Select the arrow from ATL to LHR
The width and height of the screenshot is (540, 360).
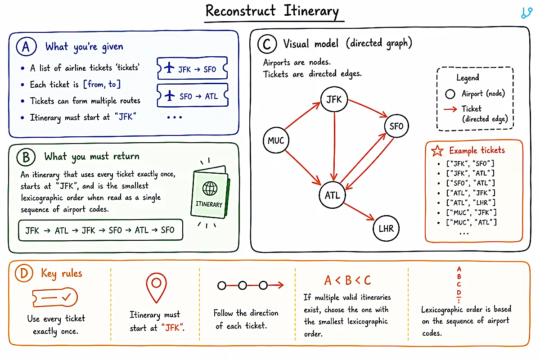(x=359, y=211)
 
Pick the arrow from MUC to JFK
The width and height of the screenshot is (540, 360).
(x=302, y=116)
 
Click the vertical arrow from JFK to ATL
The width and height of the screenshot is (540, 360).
(x=334, y=146)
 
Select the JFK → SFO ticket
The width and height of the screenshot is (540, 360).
(x=192, y=68)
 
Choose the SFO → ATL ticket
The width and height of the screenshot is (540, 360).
(x=193, y=95)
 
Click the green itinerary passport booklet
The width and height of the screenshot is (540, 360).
(x=210, y=192)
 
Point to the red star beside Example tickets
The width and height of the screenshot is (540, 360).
(x=437, y=151)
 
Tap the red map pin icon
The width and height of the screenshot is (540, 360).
(x=156, y=288)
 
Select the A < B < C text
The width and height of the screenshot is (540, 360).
(x=347, y=280)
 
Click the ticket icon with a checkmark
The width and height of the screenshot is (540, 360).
(x=55, y=297)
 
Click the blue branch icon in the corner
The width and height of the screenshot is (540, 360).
(x=526, y=13)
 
